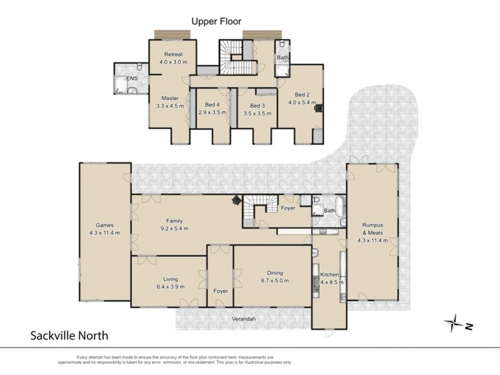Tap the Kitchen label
pos(329,274)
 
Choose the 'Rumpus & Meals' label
pos(372,229)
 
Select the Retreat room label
pos(172,54)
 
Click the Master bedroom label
pos(170,98)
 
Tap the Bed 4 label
pos(212,104)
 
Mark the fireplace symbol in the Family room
pos(237,200)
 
